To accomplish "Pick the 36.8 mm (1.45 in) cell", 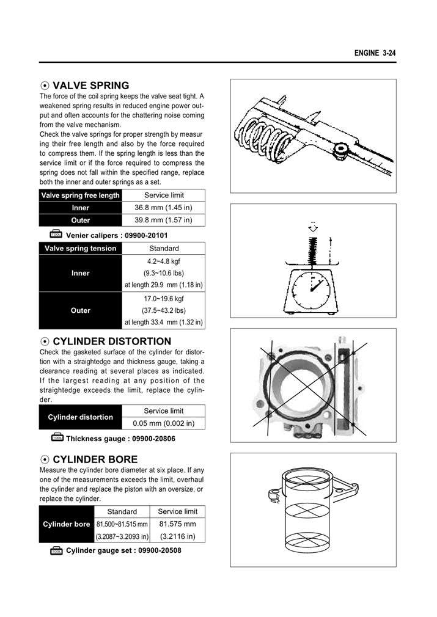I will [x=163, y=208].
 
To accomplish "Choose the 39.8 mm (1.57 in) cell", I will [x=163, y=220].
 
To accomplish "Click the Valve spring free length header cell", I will [x=80, y=195].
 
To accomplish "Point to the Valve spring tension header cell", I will [x=80, y=249].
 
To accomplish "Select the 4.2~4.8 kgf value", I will [x=163, y=261].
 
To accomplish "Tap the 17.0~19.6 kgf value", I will [x=163, y=299].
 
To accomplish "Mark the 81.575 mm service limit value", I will [x=177, y=524].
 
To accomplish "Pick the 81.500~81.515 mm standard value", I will [x=122, y=524].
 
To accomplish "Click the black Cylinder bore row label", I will [x=66, y=524].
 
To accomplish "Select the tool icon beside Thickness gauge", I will [x=57, y=438].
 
